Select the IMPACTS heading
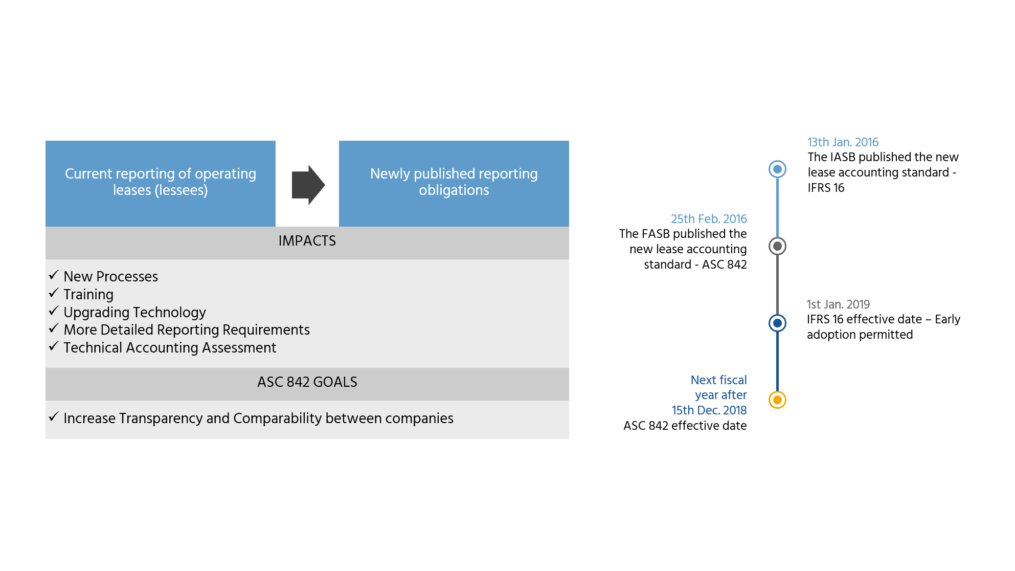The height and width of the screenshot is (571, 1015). click(x=307, y=241)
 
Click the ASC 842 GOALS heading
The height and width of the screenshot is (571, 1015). click(x=307, y=382)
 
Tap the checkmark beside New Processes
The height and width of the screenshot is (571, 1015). click(x=54, y=275)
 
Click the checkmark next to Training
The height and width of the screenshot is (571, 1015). click(x=54, y=293)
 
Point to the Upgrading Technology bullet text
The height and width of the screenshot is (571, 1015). click(x=134, y=312)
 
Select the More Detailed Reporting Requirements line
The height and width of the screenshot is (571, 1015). click(x=187, y=330)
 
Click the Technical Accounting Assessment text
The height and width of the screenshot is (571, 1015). click(x=170, y=348)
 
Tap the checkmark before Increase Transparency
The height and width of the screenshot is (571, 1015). click(x=54, y=417)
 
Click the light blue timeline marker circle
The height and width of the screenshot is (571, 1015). click(x=777, y=169)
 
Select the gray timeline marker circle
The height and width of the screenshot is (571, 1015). click(x=777, y=246)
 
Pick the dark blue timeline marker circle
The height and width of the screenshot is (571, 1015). click(x=777, y=323)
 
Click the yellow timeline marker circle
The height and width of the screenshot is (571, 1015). click(x=777, y=400)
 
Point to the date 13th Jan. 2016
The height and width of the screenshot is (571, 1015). click(x=843, y=142)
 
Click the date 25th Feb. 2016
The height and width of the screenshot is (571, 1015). click(x=709, y=219)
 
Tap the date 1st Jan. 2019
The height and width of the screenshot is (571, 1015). click(x=838, y=304)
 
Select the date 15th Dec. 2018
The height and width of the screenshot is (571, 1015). click(x=709, y=410)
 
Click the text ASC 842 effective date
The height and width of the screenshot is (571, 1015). click(x=685, y=426)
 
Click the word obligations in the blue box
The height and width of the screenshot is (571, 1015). click(x=454, y=190)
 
